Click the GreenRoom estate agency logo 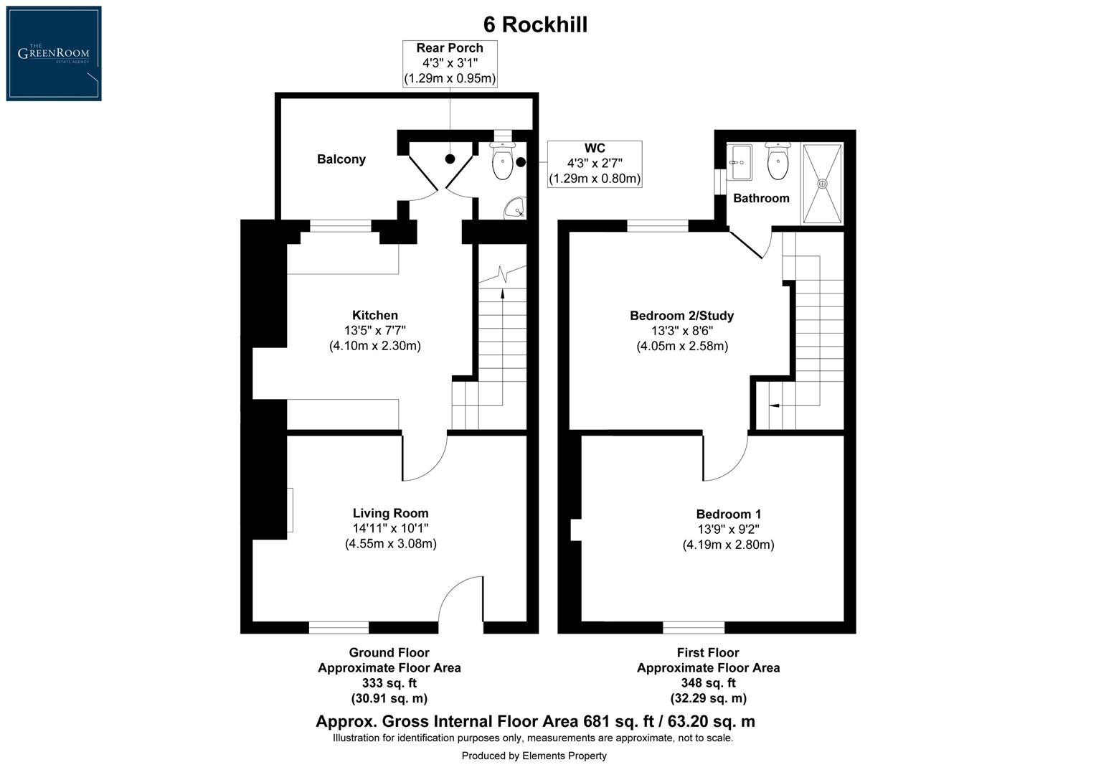(x=54, y=54)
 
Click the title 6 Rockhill (x=535, y=24)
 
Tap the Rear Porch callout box (x=450, y=63)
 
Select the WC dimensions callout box (x=595, y=164)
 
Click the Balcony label (x=341, y=159)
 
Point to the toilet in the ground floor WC (x=502, y=161)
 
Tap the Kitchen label (x=374, y=315)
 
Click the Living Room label (x=390, y=513)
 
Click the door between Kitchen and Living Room (x=423, y=458)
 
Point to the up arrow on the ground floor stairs (x=502, y=291)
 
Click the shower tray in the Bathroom (x=823, y=183)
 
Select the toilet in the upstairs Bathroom (x=778, y=161)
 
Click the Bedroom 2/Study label (x=681, y=316)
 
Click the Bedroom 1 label (x=728, y=514)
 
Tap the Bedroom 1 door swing (x=724, y=459)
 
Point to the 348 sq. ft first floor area (x=708, y=683)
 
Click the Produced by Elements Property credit (x=534, y=756)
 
